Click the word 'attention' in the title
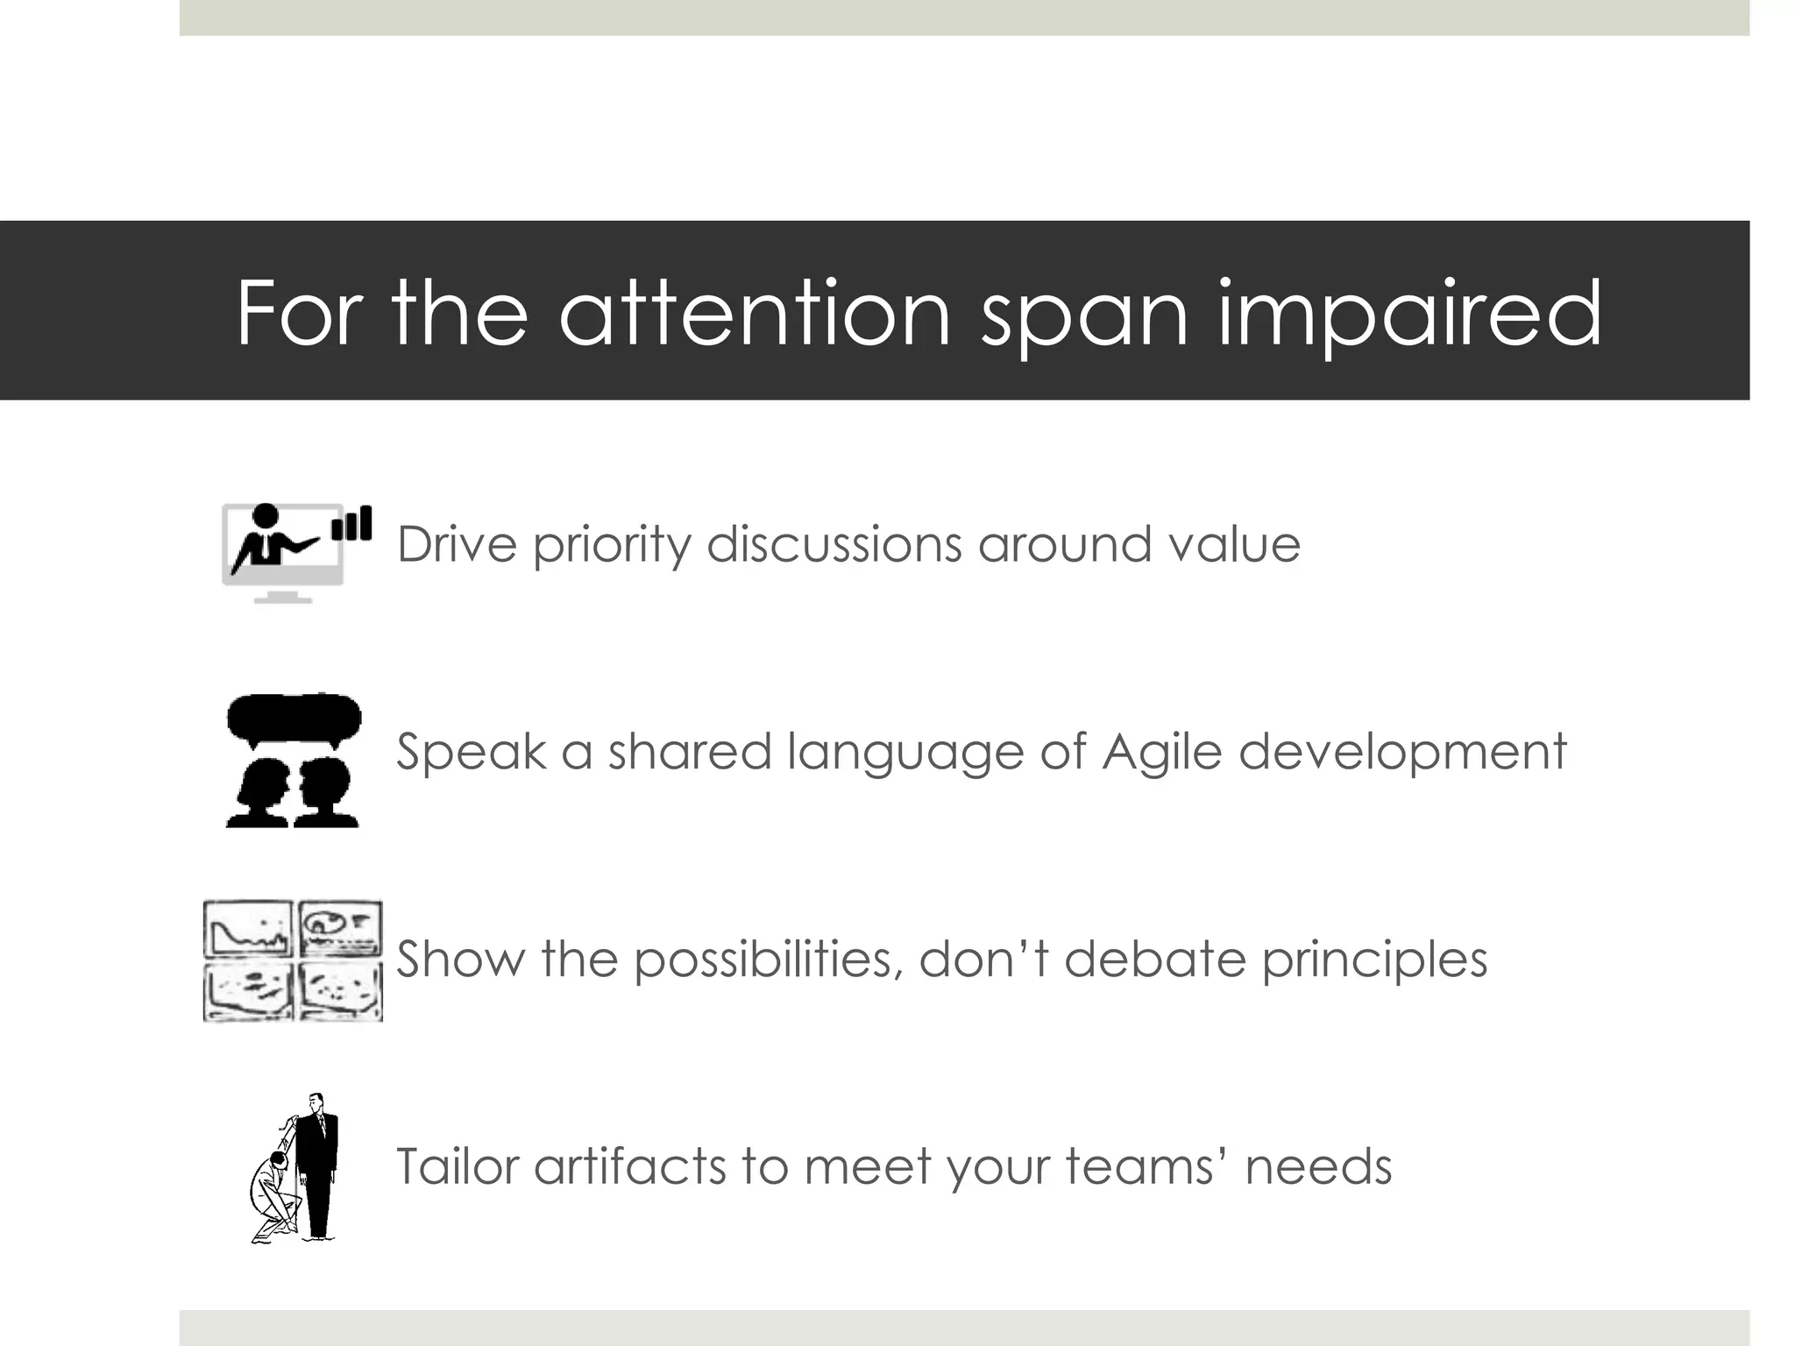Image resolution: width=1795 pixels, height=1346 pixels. click(755, 313)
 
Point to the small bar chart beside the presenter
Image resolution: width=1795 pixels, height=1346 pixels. click(352, 524)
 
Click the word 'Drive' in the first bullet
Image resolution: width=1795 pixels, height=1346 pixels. click(457, 544)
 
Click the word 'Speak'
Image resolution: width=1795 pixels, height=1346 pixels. click(471, 752)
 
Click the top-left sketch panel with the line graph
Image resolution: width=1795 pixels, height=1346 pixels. click(248, 930)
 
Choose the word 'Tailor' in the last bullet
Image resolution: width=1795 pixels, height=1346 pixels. click(457, 1166)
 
